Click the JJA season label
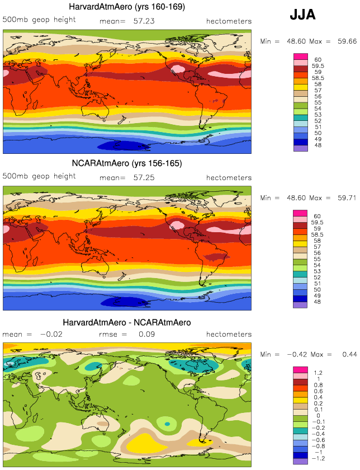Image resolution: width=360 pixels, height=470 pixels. click(302, 15)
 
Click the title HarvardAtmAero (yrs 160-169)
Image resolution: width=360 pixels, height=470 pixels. click(127, 7)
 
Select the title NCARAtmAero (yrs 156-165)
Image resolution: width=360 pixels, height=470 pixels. click(127, 163)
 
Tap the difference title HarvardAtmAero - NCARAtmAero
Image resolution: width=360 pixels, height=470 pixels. click(127, 322)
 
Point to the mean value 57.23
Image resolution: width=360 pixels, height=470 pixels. click(144, 21)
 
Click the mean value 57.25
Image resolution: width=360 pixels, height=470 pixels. click(144, 177)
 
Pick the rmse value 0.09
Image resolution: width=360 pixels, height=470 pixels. click(147, 334)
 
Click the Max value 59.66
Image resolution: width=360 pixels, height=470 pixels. click(347, 41)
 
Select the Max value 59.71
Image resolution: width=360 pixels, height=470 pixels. click(347, 198)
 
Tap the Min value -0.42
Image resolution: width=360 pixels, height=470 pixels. click(297, 354)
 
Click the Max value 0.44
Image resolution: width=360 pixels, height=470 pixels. click(349, 354)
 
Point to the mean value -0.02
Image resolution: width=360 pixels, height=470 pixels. click(51, 334)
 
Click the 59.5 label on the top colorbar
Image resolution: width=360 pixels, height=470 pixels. click(318, 66)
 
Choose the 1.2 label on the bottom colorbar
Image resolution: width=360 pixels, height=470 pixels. click(318, 373)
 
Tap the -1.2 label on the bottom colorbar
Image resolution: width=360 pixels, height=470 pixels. click(319, 458)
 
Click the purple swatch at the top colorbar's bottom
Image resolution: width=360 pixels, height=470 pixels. click(300, 148)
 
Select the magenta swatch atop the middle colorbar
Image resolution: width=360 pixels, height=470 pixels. click(300, 213)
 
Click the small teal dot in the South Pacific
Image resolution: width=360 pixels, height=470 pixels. click(167, 424)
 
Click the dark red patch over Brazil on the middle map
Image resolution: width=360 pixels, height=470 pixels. click(216, 257)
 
